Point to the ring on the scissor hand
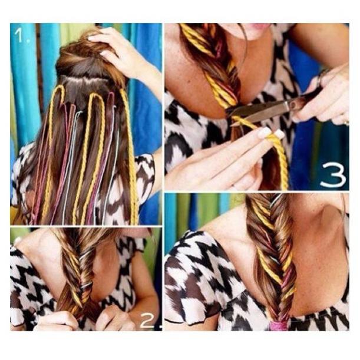click(347, 123)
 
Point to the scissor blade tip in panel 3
click(232, 125)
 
